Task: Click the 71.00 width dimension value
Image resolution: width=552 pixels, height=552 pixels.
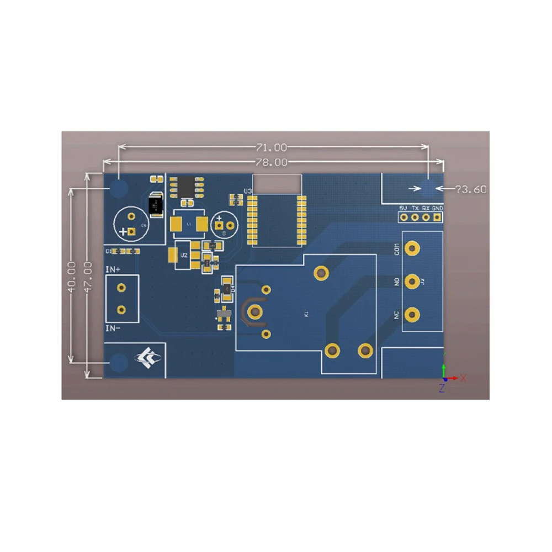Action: coord(271,147)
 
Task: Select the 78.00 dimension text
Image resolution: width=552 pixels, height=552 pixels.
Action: coord(271,162)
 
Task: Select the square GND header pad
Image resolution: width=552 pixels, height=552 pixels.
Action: coord(437,217)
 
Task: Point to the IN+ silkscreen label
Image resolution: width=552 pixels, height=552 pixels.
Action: coord(113,269)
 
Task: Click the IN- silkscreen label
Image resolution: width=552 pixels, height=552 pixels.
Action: coord(113,328)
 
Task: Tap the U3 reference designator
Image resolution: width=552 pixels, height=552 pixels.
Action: coord(248,192)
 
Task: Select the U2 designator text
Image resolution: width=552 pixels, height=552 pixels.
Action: coord(184,256)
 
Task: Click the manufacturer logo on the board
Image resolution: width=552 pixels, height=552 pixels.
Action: coord(147,359)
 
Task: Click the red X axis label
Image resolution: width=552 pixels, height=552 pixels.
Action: coord(464,378)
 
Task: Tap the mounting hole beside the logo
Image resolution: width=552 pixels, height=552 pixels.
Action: coord(119,362)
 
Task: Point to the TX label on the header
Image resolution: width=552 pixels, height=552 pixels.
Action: coord(415,208)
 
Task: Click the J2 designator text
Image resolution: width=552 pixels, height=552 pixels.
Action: coord(423,282)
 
